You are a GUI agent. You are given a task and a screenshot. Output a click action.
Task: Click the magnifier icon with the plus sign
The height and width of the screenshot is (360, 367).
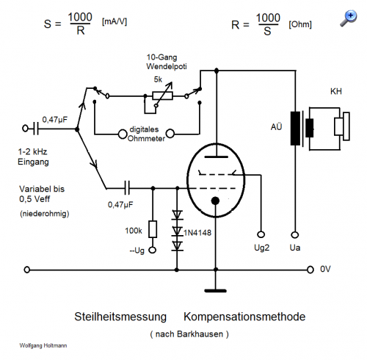349,18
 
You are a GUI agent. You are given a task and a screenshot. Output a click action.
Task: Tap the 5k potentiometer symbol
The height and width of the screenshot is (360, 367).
162,96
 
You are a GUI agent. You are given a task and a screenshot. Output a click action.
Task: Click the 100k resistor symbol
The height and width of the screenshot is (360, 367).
153,229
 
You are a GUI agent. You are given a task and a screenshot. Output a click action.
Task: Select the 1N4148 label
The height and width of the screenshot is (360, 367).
197,232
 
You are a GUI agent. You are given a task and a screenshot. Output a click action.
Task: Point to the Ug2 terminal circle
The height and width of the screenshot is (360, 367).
261,234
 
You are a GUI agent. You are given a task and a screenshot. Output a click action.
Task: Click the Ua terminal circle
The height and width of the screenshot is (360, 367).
295,235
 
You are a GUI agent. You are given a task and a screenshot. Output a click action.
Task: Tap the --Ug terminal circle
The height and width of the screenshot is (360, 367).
153,251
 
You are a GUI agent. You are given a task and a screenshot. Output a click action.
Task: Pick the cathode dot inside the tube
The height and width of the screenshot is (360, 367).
215,201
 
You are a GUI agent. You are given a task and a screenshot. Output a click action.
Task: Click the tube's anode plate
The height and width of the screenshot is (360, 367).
217,156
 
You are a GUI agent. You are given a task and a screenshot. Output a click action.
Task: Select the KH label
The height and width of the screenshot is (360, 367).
336,91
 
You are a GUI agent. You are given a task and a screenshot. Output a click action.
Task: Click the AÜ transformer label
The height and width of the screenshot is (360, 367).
277,126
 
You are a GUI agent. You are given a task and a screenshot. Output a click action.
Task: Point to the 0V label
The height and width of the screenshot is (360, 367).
325,269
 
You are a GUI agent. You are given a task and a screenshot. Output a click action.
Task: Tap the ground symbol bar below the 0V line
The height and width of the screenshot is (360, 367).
216,291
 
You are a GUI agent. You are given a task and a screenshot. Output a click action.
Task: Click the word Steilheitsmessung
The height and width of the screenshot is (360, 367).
120,317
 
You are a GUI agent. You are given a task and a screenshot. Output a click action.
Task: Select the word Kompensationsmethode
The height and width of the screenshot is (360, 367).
244,317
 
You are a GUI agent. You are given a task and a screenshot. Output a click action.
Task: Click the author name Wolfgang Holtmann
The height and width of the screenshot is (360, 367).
43,345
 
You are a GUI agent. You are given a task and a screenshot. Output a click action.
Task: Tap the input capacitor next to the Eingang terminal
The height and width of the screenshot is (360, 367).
36,129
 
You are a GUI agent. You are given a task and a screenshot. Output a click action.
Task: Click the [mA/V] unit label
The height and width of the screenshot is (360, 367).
115,22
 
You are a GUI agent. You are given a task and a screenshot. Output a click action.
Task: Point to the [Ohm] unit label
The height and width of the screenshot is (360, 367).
300,24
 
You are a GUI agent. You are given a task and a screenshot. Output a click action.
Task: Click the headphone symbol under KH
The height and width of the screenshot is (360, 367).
342,126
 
